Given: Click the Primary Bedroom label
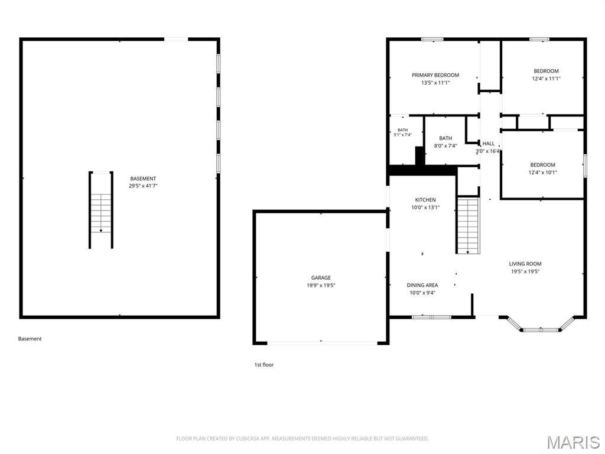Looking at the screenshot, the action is tap(435, 75).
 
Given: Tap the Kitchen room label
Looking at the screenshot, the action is tap(425, 200).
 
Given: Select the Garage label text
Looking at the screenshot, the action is tap(321, 278).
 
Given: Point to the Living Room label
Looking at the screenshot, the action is tap(525, 264).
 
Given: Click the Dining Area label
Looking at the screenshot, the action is tap(422, 286).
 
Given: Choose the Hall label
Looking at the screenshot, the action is tap(489, 144).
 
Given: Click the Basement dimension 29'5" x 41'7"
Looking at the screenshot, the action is tap(143, 186).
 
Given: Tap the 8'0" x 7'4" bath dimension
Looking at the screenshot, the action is tap(445, 146).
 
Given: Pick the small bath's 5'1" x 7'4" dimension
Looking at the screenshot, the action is tap(402, 135).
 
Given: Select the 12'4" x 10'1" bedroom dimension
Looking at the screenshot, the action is tap(543, 173).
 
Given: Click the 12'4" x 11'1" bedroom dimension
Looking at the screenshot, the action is tap(547, 79).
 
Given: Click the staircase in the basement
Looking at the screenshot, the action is tap(101, 210).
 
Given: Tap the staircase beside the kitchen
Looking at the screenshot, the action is tap(468, 226).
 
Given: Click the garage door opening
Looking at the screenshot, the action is tap(322, 342).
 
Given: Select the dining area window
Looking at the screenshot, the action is tap(431, 317).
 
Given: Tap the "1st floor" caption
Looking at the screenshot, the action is tap(264, 365).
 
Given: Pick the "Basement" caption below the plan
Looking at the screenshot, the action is tap(30, 339).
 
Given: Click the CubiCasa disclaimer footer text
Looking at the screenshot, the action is tap(302, 439).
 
